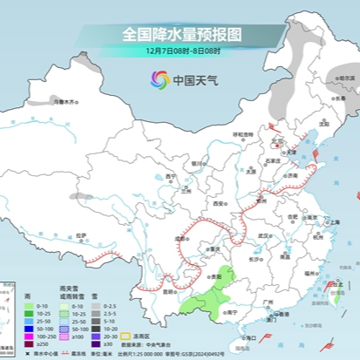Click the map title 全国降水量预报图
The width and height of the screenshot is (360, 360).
181,34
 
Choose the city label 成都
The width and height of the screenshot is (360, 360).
180,236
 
